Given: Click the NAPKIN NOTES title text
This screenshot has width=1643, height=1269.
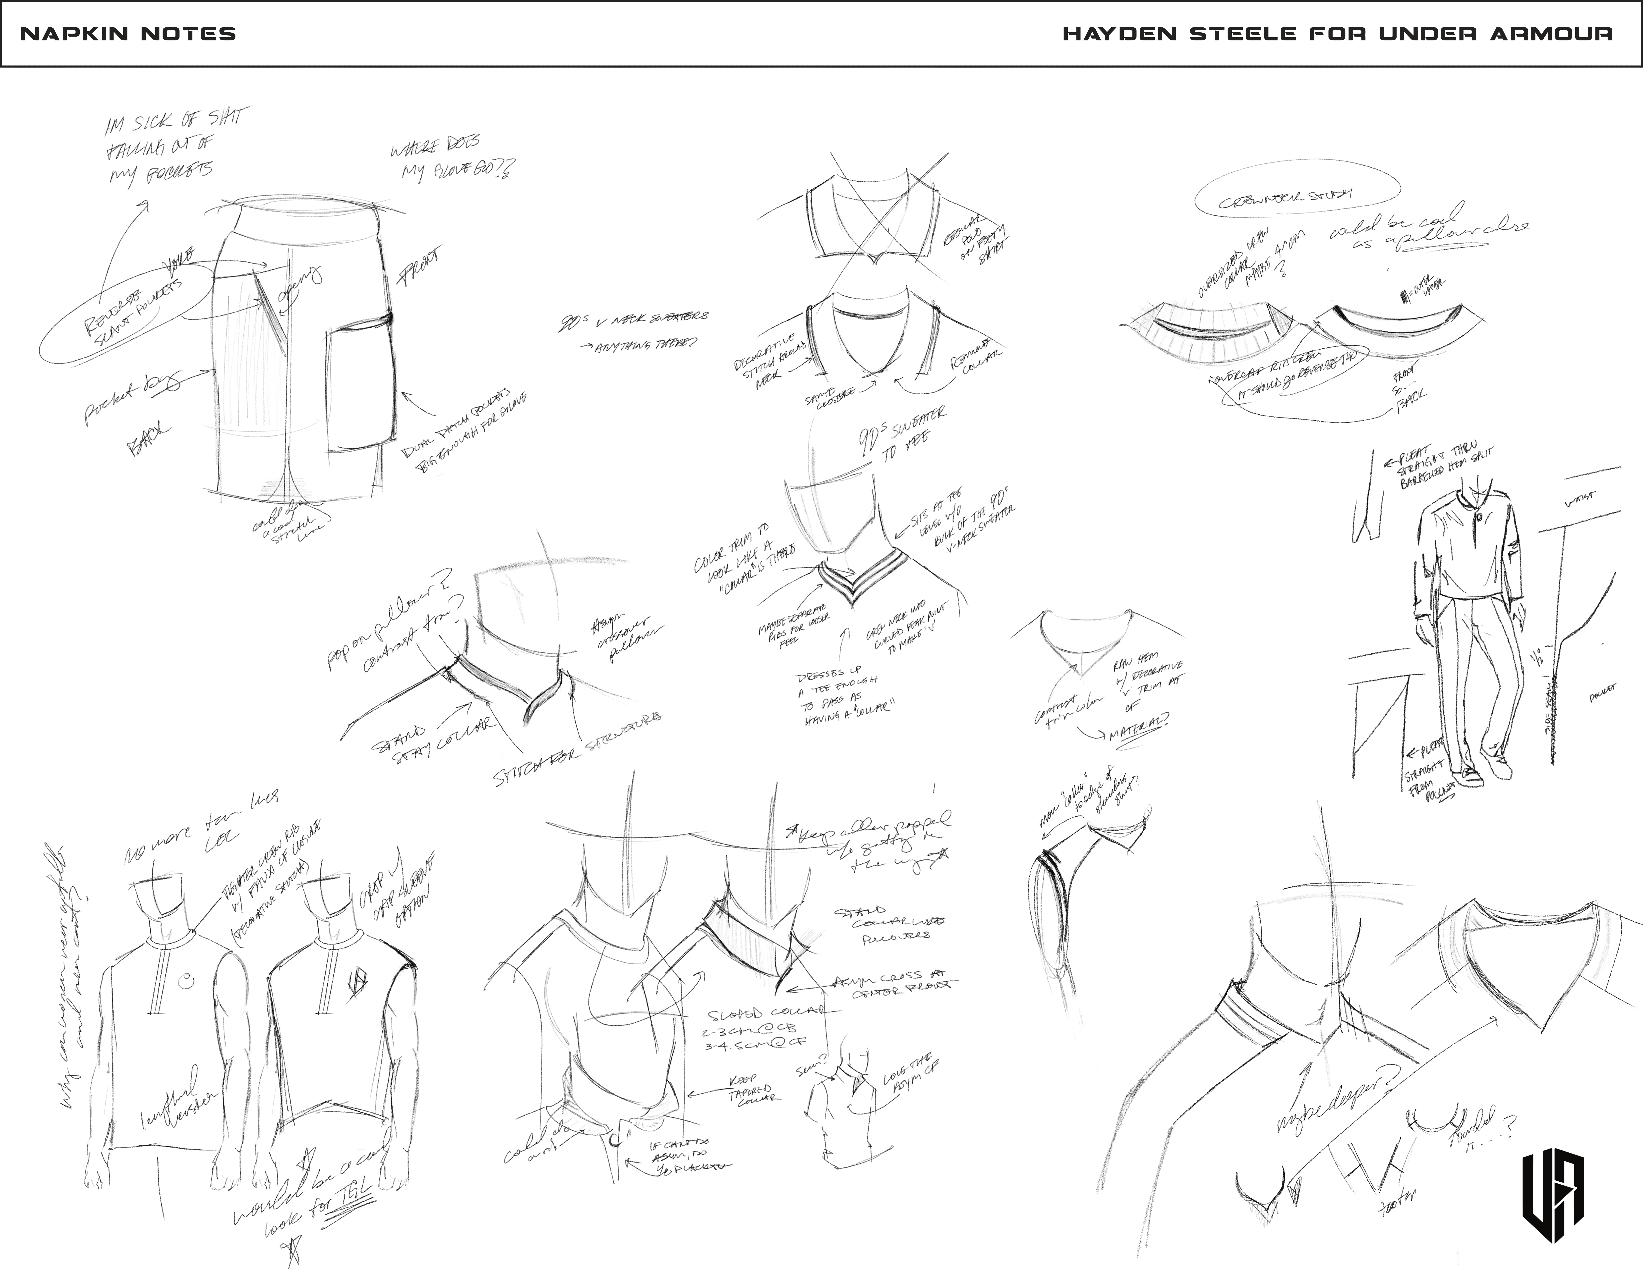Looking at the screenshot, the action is tap(128, 34).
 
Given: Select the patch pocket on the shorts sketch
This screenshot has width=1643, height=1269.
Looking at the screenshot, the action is tap(360, 387).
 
